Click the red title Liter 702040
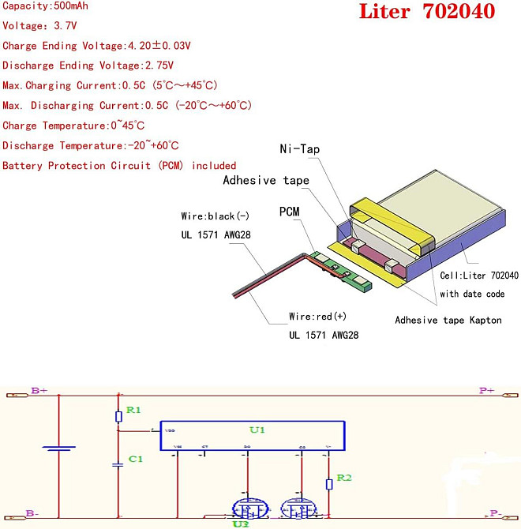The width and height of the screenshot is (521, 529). click(x=427, y=12)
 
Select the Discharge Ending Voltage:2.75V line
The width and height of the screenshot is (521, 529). click(x=88, y=66)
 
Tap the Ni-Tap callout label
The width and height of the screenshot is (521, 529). click(x=300, y=149)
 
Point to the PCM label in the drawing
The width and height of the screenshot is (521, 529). click(x=289, y=212)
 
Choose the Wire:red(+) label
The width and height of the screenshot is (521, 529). click(x=317, y=317)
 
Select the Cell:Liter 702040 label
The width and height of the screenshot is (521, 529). click(x=479, y=276)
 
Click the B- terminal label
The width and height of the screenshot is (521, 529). click(x=32, y=514)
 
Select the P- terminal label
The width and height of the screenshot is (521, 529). click(x=494, y=514)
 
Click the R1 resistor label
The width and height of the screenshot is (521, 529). click(x=133, y=411)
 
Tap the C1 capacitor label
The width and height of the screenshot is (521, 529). click(x=136, y=459)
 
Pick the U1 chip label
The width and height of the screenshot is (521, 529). click(x=257, y=430)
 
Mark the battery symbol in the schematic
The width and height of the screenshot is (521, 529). click(x=59, y=449)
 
